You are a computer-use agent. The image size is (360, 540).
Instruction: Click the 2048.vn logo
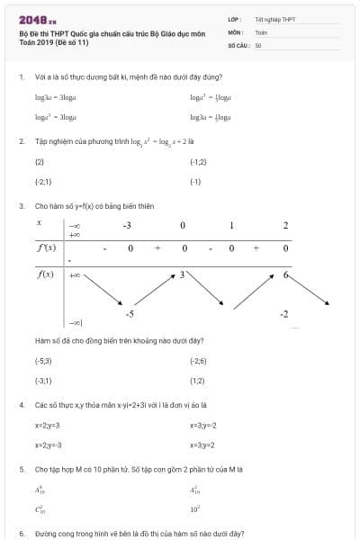(x=38, y=19)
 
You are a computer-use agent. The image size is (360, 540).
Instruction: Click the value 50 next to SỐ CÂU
(x=258, y=43)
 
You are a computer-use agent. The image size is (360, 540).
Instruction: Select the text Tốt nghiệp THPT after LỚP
(x=275, y=18)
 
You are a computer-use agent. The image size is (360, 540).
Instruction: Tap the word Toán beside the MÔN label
(x=261, y=31)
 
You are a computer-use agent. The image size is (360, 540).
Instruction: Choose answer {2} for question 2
(x=40, y=161)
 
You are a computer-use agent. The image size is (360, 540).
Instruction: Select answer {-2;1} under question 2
(x=43, y=181)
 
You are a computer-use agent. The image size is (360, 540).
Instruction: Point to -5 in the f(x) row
(x=130, y=313)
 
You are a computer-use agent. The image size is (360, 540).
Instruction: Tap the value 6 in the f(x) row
(x=285, y=274)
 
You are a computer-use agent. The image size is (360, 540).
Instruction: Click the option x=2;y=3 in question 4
(x=47, y=425)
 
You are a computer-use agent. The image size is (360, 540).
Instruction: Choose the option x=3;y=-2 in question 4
(x=203, y=425)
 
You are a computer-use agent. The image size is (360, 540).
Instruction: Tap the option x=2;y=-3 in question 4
(x=48, y=445)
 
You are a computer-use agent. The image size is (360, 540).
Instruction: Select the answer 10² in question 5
(x=195, y=509)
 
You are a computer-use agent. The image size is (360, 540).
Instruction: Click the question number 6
(x=21, y=534)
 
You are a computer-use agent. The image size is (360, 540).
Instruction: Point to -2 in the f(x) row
(x=283, y=313)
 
